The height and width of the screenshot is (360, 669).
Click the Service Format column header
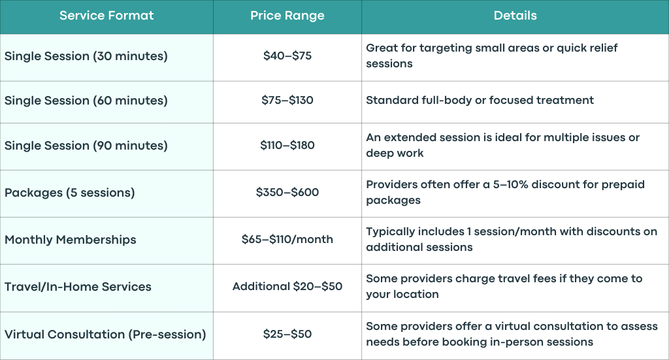point(106,16)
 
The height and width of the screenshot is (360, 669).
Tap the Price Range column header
point(287,16)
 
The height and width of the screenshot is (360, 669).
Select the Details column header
point(515,16)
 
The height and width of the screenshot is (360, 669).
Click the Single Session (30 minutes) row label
point(86,56)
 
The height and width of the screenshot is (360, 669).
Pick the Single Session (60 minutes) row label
point(86,101)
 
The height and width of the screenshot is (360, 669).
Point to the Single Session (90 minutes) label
point(86,146)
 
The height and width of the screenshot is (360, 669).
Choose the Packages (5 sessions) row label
point(69,193)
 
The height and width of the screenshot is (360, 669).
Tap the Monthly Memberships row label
point(71,240)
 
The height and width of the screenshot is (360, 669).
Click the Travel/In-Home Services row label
point(78,287)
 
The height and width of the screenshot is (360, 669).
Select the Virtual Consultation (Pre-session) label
point(105,335)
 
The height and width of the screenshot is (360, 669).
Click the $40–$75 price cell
point(287,56)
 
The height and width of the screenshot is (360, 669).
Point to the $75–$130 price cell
point(287,100)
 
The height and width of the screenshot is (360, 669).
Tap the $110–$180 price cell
point(287,146)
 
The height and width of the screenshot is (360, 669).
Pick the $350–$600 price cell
point(287,192)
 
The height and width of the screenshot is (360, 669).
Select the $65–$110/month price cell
point(287,239)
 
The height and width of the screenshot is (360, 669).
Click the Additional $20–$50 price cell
point(287,286)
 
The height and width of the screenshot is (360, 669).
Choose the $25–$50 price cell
point(287,334)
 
